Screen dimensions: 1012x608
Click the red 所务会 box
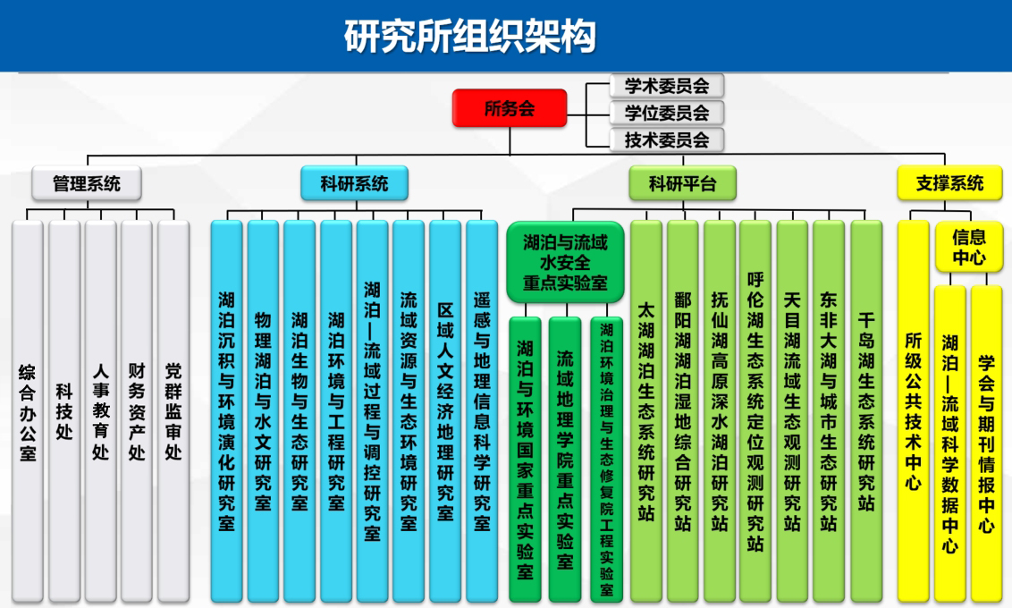(510, 108)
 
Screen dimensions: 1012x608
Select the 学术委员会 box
(666, 86)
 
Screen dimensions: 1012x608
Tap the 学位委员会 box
(666, 113)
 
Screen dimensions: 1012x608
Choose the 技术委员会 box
(666, 139)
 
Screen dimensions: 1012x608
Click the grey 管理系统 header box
(87, 183)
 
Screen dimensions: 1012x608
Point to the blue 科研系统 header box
(354, 183)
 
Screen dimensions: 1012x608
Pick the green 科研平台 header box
(683, 183)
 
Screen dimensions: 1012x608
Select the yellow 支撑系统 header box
(949, 183)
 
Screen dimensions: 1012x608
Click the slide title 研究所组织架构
(469, 36)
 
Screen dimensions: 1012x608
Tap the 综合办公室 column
(27, 412)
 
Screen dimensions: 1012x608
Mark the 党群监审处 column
(173, 412)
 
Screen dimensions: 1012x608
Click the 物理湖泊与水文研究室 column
(263, 412)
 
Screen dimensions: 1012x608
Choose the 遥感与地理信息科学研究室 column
(482, 412)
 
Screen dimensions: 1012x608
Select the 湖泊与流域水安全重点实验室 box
(565, 262)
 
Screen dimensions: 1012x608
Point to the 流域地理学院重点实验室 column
(565, 460)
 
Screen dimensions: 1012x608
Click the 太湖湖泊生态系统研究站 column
(646, 412)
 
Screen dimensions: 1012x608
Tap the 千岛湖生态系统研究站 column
(866, 412)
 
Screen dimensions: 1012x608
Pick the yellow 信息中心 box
(969, 247)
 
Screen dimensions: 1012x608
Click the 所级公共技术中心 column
(914, 412)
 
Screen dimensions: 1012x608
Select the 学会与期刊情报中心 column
(986, 444)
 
